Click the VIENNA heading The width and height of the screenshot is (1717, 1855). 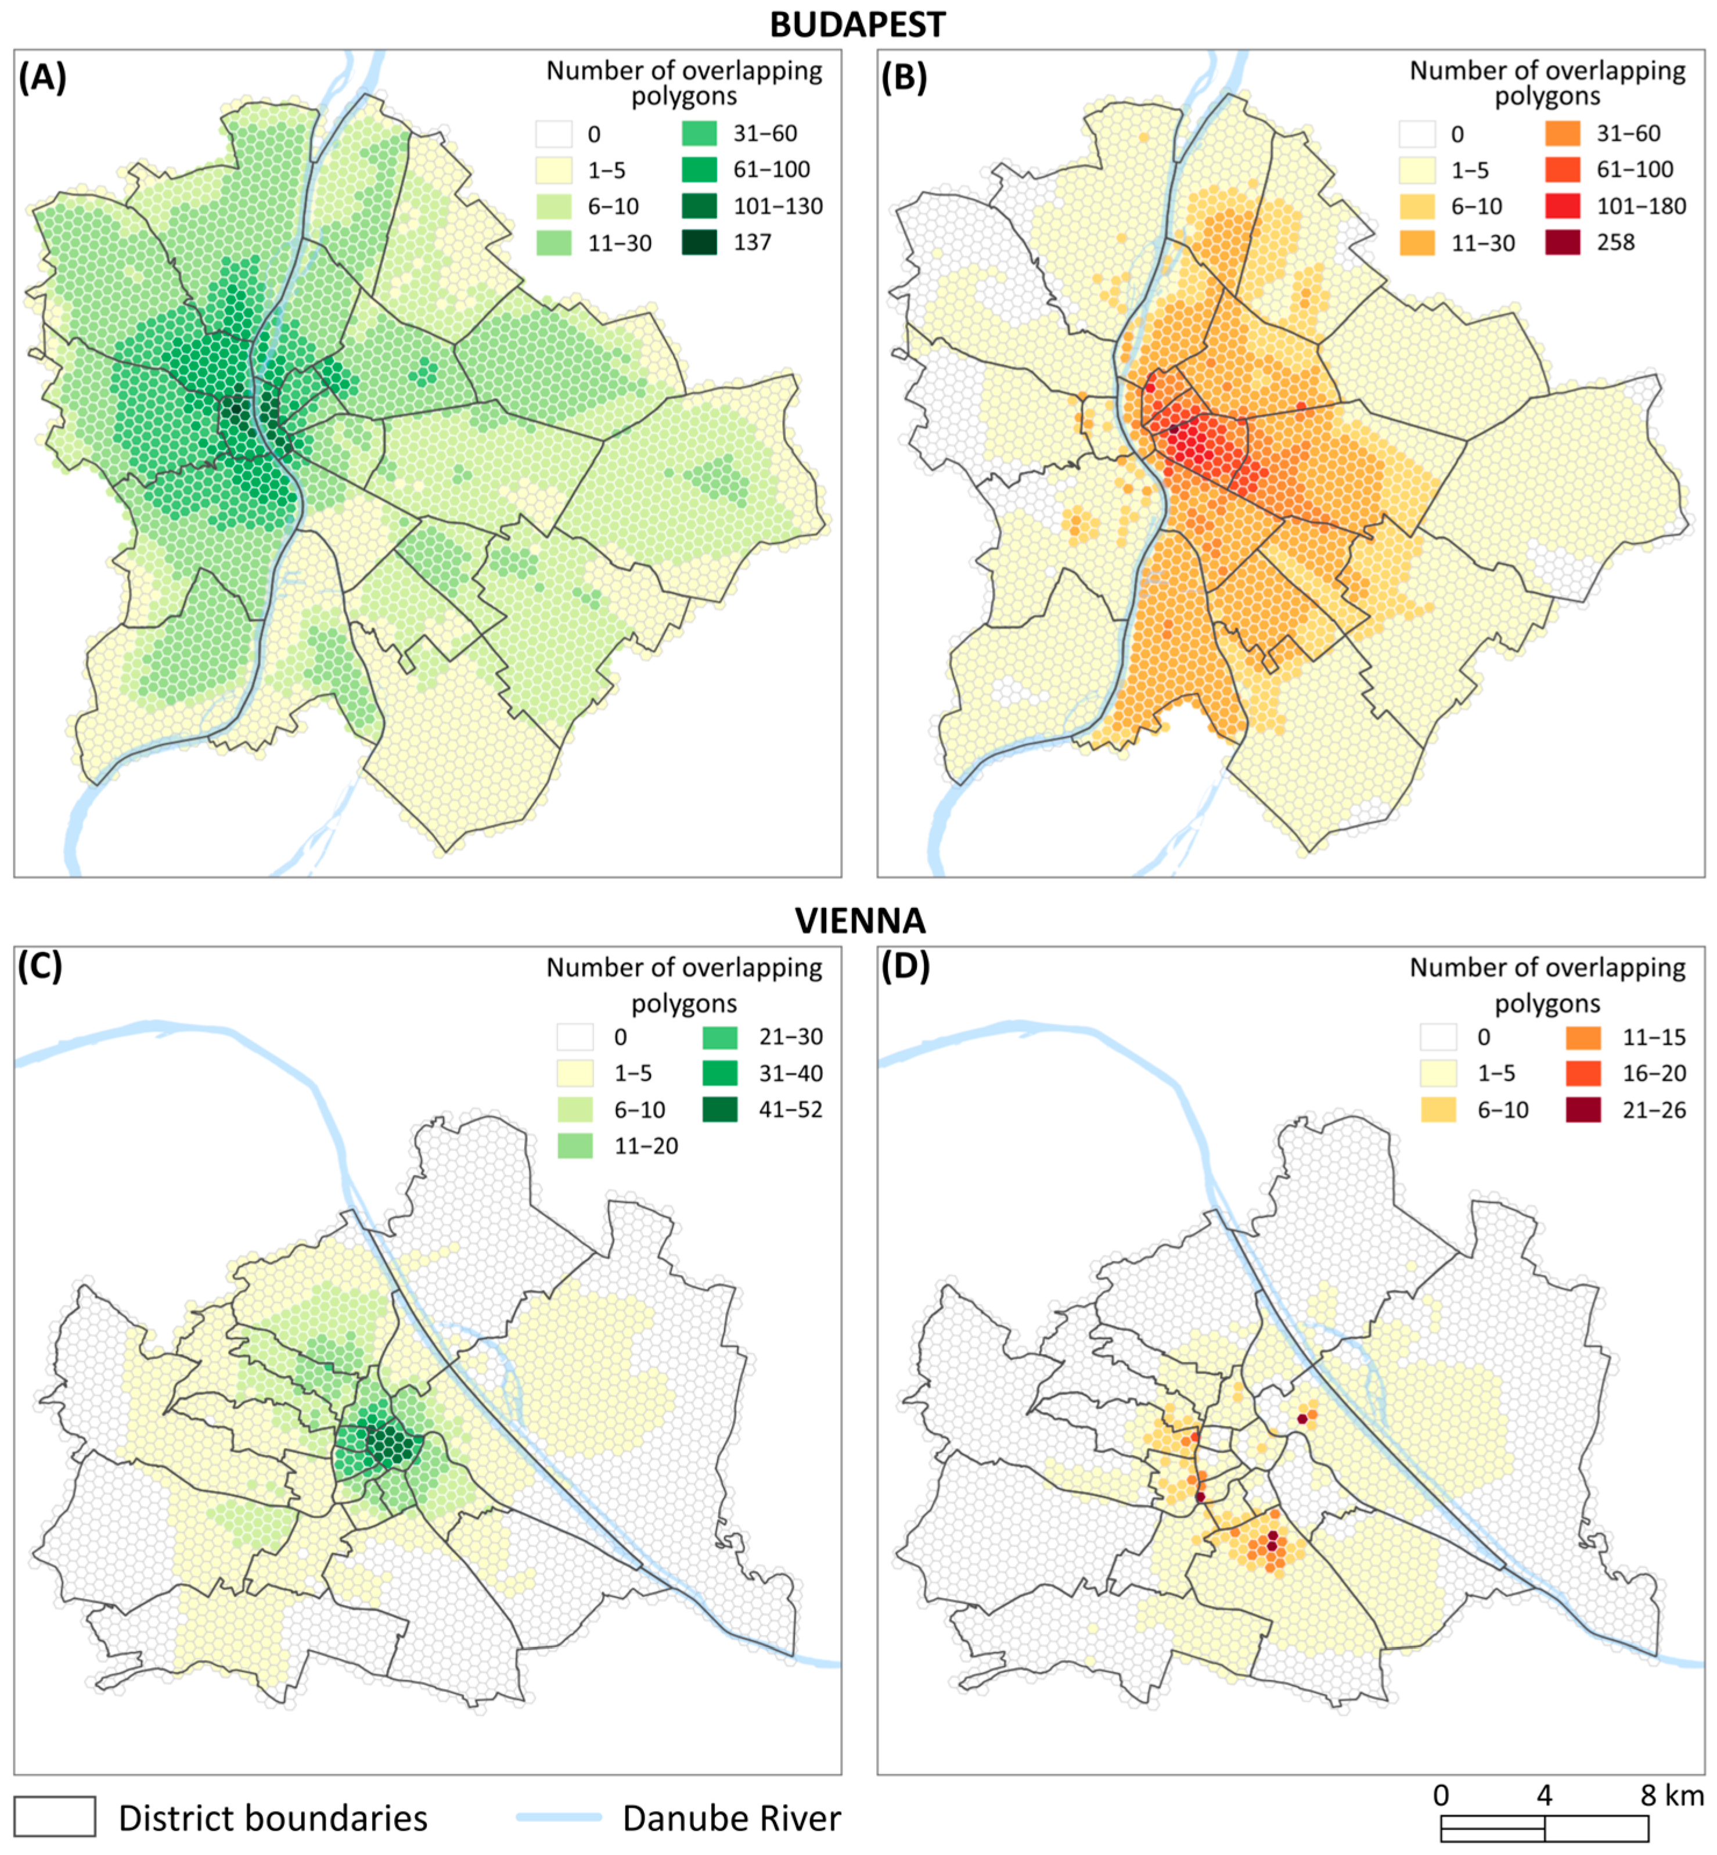(859, 920)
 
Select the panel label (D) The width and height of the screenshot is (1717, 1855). (905, 967)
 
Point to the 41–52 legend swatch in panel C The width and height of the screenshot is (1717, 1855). (720, 1110)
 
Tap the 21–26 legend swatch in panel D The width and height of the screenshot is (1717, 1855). (1583, 1110)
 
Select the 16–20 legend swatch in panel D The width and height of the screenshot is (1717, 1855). (1583, 1074)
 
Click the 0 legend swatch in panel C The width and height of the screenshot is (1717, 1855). (575, 1037)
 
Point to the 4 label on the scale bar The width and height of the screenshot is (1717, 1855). (1544, 1795)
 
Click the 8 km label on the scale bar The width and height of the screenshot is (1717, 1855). (1672, 1795)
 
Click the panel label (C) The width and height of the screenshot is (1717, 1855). (40, 967)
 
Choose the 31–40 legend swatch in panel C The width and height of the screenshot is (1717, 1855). (720, 1074)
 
